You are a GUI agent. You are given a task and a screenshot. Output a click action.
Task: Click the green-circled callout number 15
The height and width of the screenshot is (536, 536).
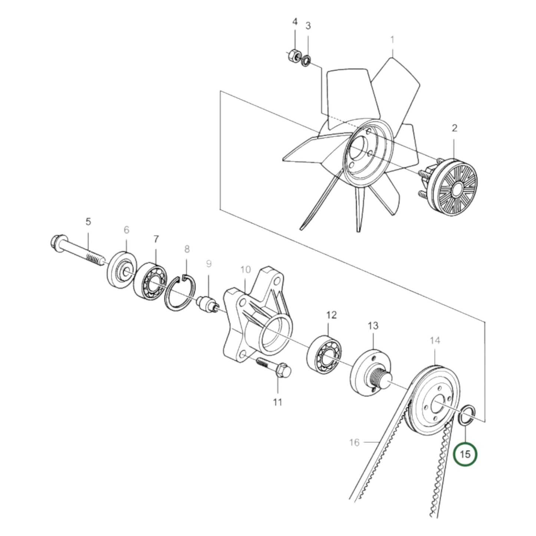click(x=465, y=454)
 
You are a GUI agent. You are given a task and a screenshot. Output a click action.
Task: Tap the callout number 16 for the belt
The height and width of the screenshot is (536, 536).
click(x=354, y=442)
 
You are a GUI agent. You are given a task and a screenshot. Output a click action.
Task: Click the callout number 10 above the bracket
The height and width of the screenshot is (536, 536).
click(x=246, y=270)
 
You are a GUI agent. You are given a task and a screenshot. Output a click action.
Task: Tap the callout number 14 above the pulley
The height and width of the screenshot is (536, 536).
click(x=435, y=340)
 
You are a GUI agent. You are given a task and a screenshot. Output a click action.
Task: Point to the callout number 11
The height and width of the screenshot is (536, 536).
click(x=277, y=402)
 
